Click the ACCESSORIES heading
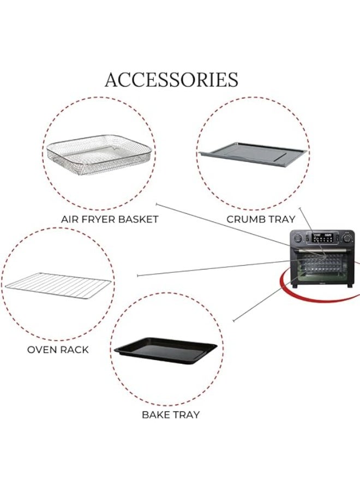(172, 80)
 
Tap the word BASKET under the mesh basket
(136, 219)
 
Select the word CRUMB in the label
(243, 219)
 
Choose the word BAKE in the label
(155, 415)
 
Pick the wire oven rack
(58, 285)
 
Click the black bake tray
(165, 350)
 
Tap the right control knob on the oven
(347, 238)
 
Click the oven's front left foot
(294, 286)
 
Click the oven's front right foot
(351, 286)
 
